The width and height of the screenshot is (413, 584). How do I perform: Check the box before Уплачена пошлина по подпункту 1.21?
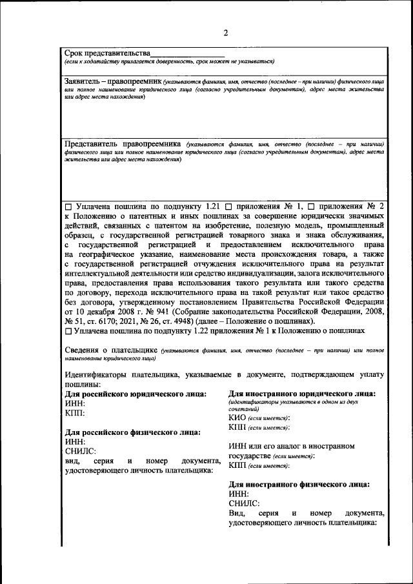tap(68, 206)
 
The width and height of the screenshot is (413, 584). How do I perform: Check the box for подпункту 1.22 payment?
tap(68, 330)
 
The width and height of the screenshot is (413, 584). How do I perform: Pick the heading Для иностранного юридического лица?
tap(303, 394)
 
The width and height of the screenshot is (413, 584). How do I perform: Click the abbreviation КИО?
tap(237, 418)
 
